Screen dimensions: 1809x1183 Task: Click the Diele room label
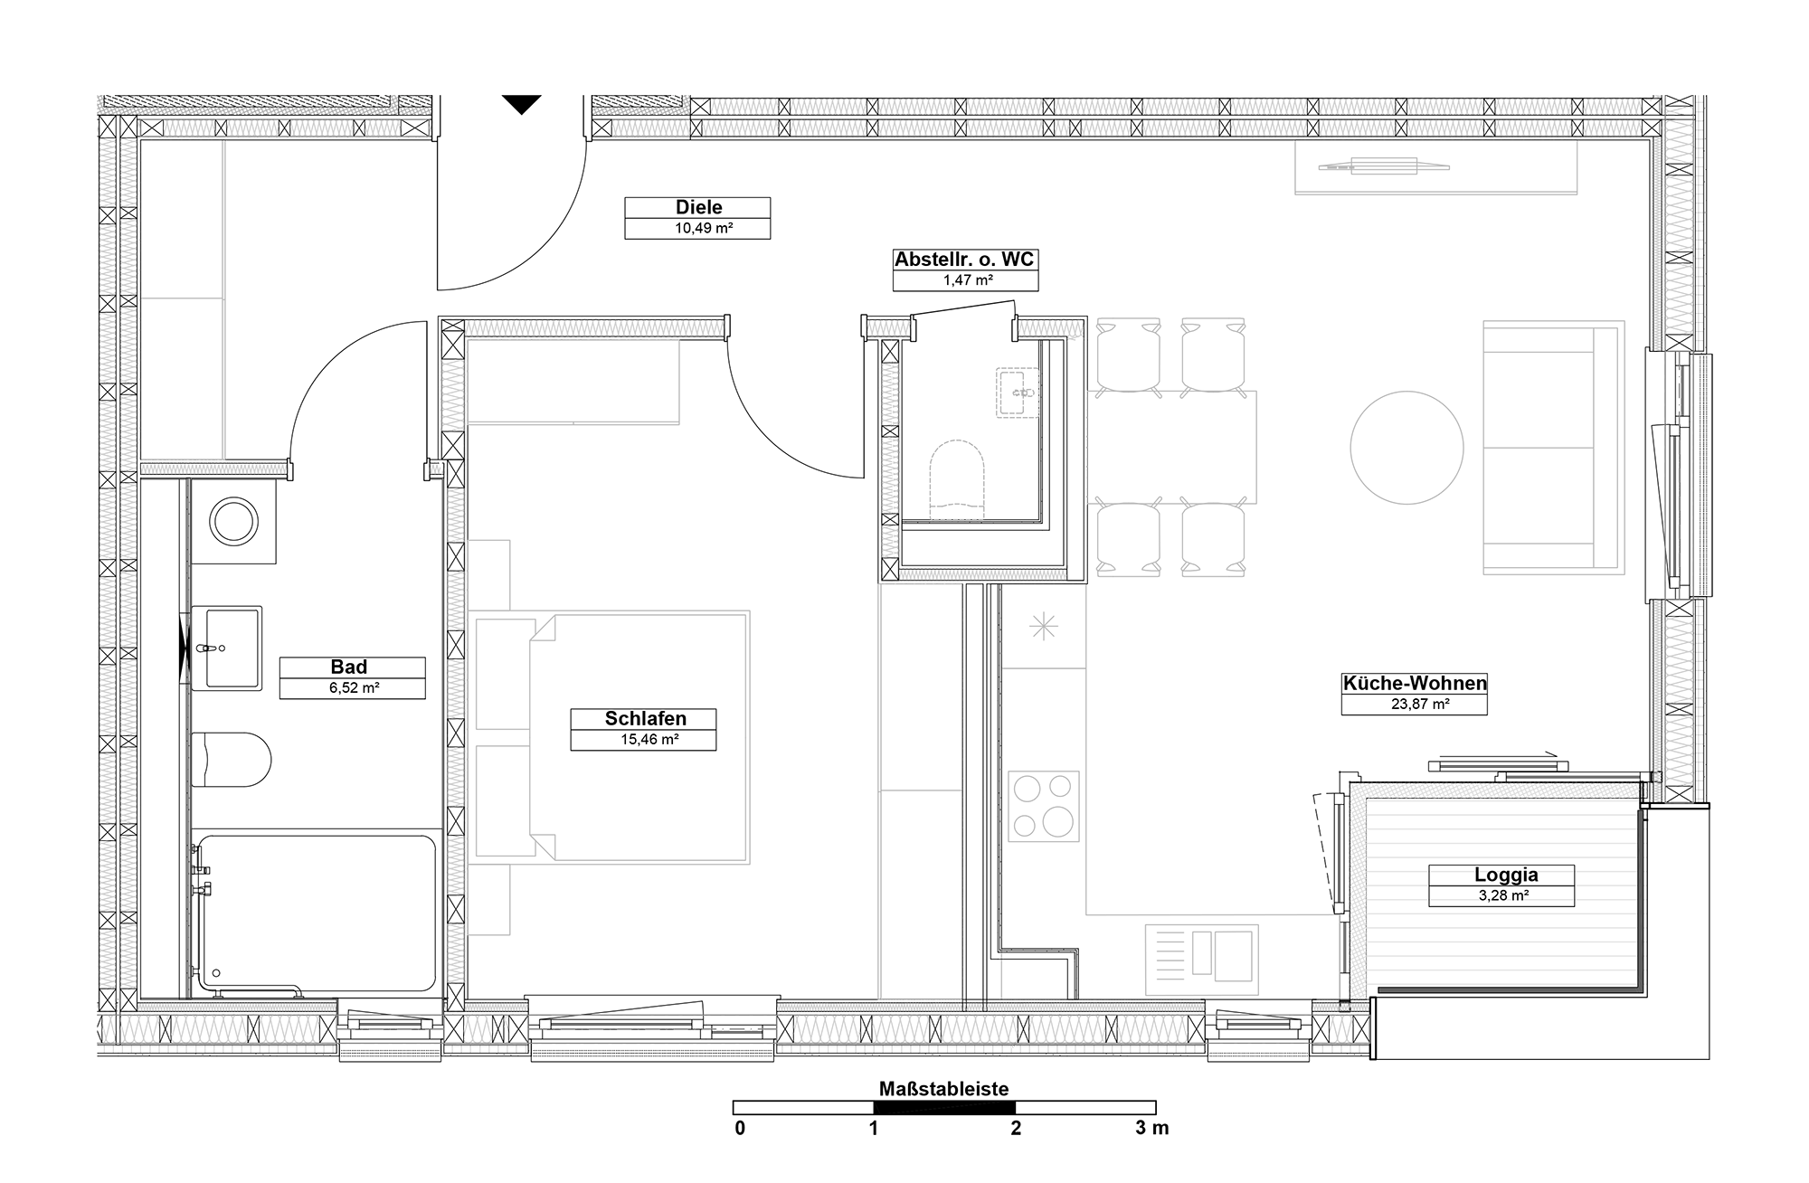(698, 208)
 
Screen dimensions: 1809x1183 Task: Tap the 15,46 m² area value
(643, 740)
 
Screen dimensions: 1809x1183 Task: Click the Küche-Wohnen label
(1415, 684)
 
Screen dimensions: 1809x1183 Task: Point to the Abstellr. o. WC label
(964, 260)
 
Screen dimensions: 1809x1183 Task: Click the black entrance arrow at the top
(522, 105)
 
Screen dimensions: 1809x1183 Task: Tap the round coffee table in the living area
(1406, 448)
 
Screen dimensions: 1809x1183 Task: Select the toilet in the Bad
(231, 760)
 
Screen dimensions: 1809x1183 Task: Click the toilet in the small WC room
(957, 480)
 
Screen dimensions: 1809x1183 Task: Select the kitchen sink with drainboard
(1202, 955)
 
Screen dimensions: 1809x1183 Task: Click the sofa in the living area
(1554, 448)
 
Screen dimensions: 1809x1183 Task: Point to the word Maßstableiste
(943, 1089)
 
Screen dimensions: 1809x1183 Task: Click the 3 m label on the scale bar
(1152, 1128)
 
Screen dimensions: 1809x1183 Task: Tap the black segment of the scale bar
(944, 1107)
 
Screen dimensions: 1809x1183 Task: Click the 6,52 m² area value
(352, 688)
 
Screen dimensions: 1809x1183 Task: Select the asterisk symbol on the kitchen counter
(1044, 626)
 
